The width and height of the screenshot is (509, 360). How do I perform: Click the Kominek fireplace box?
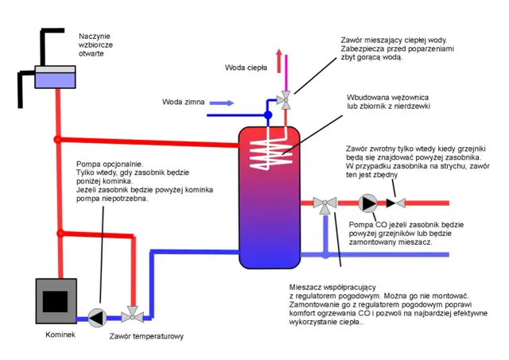(54, 301)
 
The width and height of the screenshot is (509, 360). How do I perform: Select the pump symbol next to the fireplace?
(96, 317)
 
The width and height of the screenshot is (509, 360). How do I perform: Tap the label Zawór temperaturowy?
(147, 337)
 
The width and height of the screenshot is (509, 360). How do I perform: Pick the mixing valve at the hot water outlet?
(284, 100)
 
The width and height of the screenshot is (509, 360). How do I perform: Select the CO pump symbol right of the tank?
(367, 203)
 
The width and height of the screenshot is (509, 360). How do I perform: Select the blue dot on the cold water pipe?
(269, 115)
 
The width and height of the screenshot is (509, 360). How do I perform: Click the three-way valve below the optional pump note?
(131, 317)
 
